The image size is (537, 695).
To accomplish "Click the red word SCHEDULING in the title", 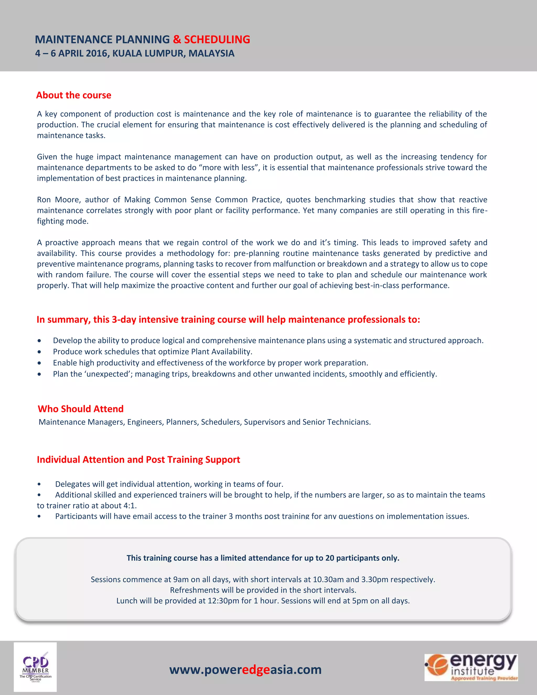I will click(x=217, y=39).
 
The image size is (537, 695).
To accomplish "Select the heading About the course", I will click(x=73, y=95).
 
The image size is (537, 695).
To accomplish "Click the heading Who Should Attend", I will click(x=80, y=409).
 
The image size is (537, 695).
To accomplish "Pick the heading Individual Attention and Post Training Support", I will click(x=138, y=459).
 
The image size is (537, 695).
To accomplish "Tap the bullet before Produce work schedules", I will click(x=39, y=352).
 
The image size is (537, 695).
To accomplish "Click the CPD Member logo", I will click(x=35, y=667).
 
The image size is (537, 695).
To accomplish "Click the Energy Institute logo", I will click(x=471, y=667).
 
